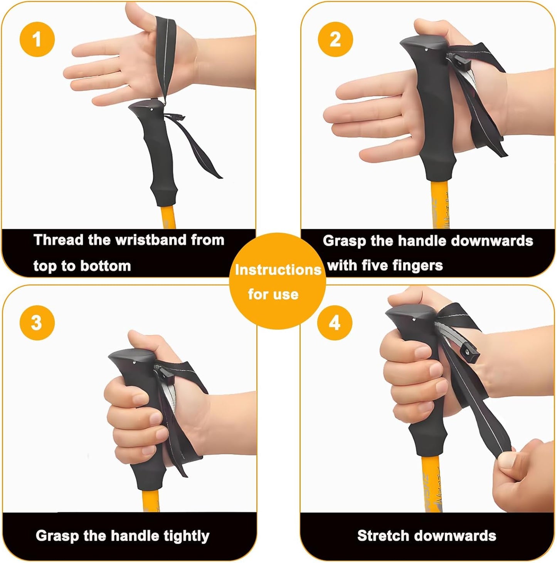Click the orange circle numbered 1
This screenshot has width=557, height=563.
[x=37, y=40]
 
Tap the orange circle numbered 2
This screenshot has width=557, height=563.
[x=335, y=40]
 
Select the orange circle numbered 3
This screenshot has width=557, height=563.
[x=37, y=323]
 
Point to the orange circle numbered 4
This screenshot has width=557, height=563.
[x=334, y=323]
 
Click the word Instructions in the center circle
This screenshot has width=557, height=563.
[x=278, y=270]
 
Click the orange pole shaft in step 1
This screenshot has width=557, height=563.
[x=168, y=218]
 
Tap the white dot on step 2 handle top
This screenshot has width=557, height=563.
[x=425, y=49]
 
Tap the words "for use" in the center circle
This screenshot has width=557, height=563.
[x=273, y=294]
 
